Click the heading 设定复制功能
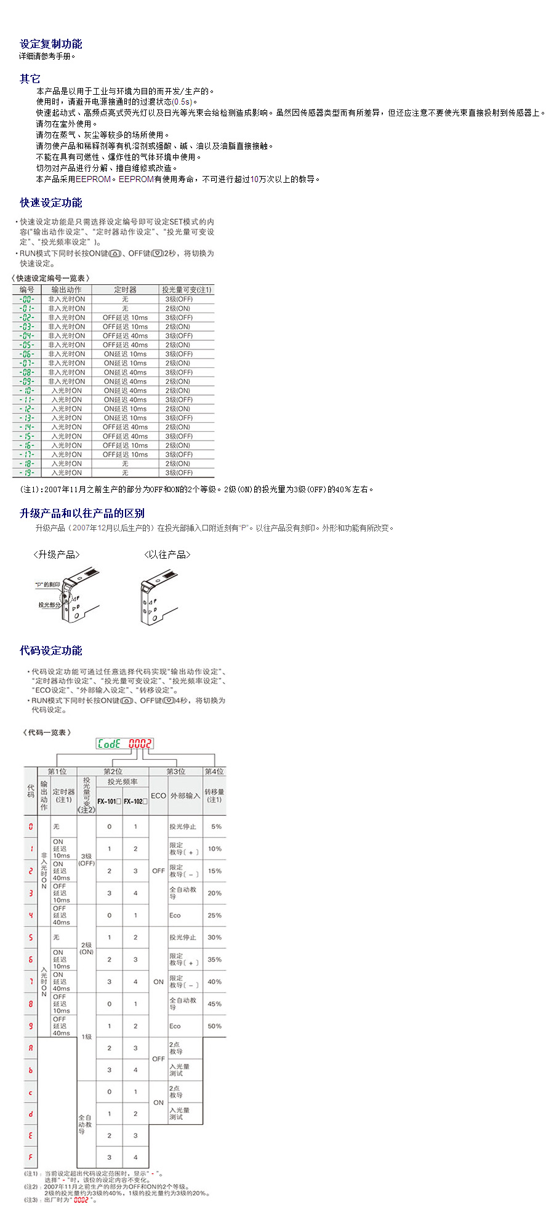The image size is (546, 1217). pyautogui.click(x=51, y=44)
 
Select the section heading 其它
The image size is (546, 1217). pyautogui.click(x=30, y=79)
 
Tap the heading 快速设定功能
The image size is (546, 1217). pyautogui.click(x=51, y=203)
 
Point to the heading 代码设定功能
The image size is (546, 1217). pyautogui.click(x=51, y=651)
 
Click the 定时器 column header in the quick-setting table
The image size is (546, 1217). pyautogui.click(x=125, y=290)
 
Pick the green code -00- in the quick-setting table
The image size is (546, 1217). pyautogui.click(x=26, y=300)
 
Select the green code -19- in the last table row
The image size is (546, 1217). pyautogui.click(x=26, y=473)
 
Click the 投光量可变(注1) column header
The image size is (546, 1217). pyautogui.click(x=187, y=290)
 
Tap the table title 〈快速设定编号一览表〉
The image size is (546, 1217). pyautogui.click(x=50, y=279)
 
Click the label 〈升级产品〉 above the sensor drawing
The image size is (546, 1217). pyautogui.click(x=57, y=555)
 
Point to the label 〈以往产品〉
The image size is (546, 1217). pyautogui.click(x=167, y=555)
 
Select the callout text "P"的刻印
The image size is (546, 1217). pyautogui.click(x=47, y=585)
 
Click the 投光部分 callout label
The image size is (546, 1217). pyautogui.click(x=49, y=605)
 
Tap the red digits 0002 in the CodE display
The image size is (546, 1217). pyautogui.click(x=140, y=744)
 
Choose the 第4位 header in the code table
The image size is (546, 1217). pyautogui.click(x=214, y=772)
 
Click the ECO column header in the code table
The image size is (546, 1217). pyautogui.click(x=158, y=796)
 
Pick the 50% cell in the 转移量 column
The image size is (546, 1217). pyautogui.click(x=214, y=1026)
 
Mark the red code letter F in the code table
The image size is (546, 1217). pyautogui.click(x=30, y=1157)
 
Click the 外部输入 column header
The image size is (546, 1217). pyautogui.click(x=185, y=796)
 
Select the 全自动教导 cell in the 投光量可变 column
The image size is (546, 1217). pyautogui.click(x=86, y=1124)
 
